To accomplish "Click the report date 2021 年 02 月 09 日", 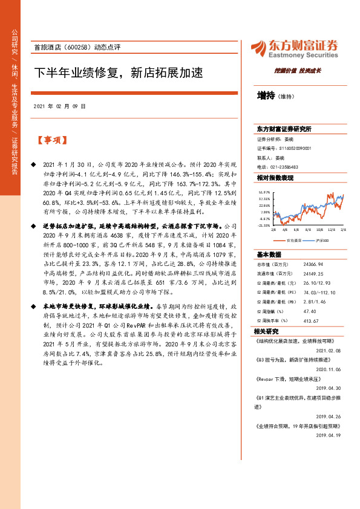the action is pos(59,106).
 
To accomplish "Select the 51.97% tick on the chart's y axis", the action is pos(265,192).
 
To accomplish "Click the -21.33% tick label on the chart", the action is pos(264,225).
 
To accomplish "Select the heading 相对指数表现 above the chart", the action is pos(275,178).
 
